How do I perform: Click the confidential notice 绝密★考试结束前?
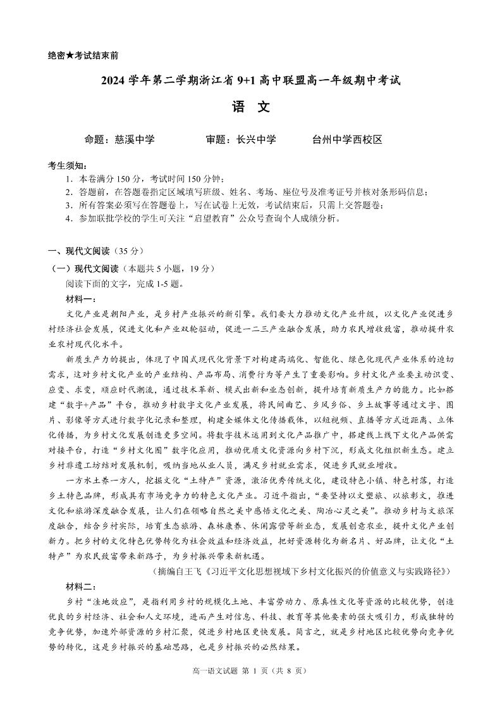83,56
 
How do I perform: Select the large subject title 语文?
251,107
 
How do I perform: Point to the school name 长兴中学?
256,140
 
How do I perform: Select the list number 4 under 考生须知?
68,218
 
